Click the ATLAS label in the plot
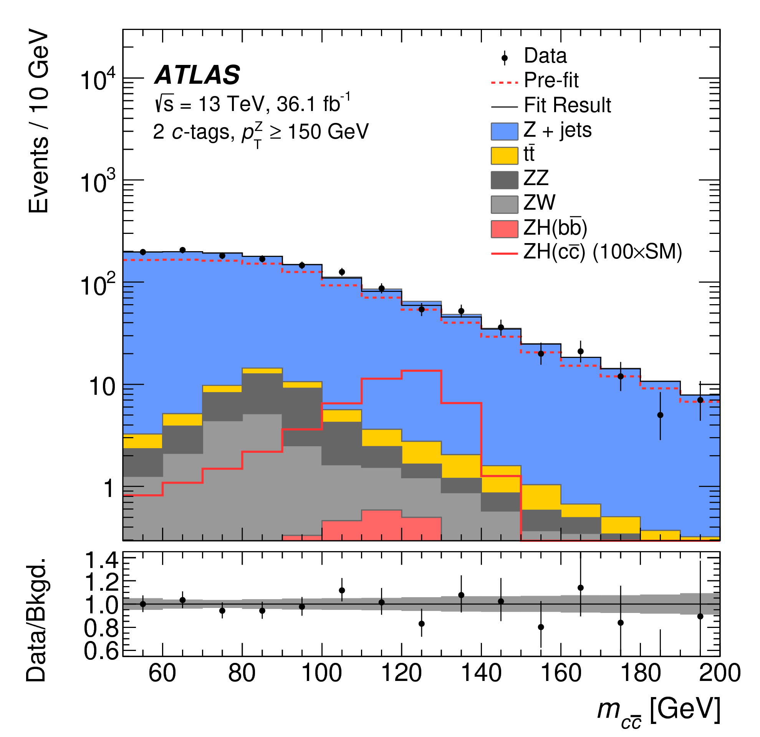[x=197, y=75]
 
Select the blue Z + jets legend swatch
[x=504, y=131]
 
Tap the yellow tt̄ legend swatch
[x=504, y=156]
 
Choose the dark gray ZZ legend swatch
[x=504, y=180]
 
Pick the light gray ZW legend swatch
[x=504, y=204]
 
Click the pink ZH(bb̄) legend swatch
[x=504, y=229]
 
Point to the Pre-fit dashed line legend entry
[x=504, y=82]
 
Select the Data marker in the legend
[x=505, y=58]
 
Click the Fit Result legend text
[x=567, y=105]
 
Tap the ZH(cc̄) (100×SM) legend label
[x=603, y=252]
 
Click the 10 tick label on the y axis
[x=102, y=386]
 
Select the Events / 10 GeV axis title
[x=39, y=123]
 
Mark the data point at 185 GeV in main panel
[x=661, y=415]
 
